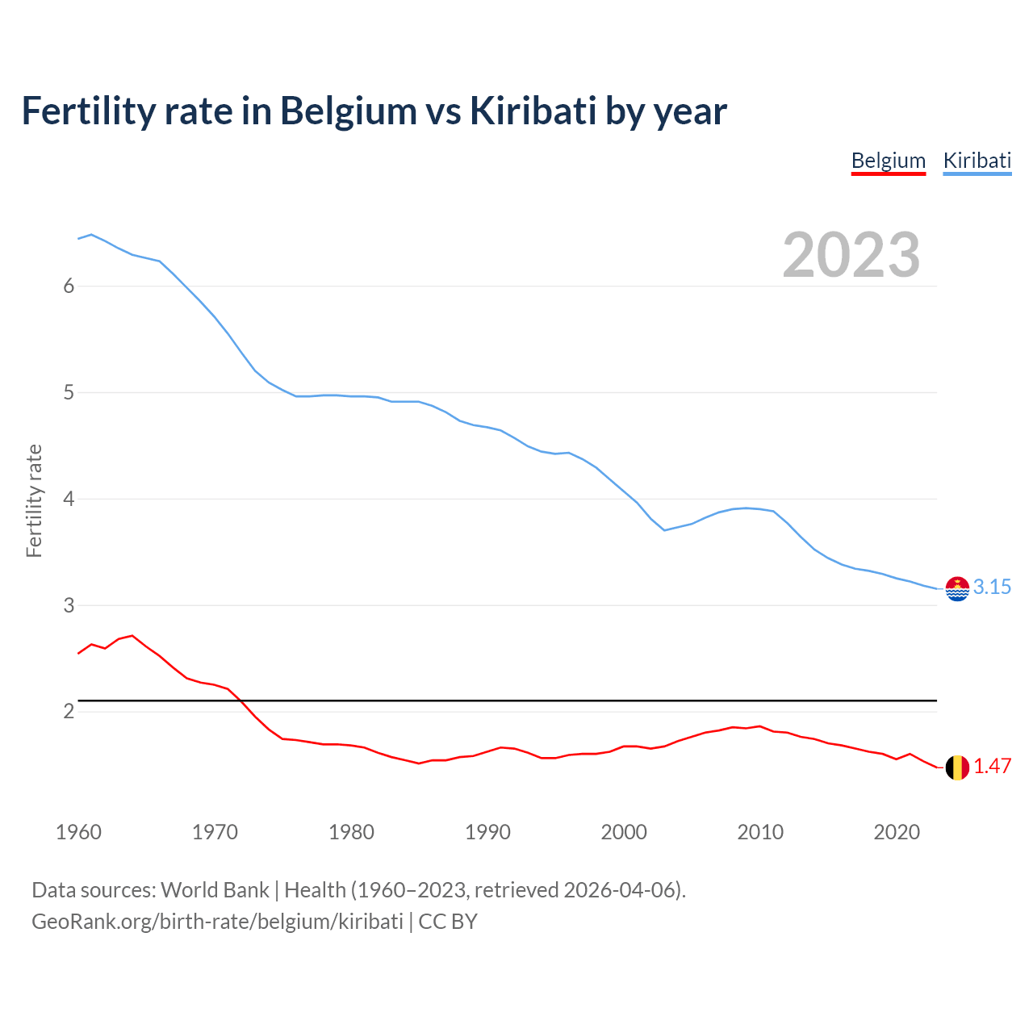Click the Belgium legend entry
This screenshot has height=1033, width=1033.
point(888,161)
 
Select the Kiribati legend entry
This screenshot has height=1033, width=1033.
point(977,161)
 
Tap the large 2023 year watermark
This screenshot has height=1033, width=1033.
point(851,255)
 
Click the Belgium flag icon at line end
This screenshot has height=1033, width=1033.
point(957,767)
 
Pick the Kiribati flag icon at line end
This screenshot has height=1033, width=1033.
point(957,589)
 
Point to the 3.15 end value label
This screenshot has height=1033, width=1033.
point(992,588)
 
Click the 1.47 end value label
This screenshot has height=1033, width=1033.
point(992,767)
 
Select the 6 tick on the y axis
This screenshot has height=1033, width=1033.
point(69,286)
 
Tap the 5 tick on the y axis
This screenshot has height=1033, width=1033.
point(69,393)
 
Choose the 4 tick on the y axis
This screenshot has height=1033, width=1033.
point(69,500)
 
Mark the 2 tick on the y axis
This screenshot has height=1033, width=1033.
point(69,712)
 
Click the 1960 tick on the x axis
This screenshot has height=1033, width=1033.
point(78,832)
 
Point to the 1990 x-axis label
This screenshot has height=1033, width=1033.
point(487,832)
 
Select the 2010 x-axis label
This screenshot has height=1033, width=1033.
point(760,832)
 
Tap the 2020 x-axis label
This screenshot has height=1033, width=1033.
point(897,832)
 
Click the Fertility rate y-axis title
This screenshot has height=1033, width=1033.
point(34,500)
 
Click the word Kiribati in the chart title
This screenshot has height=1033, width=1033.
point(533,111)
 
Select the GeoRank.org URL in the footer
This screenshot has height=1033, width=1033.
point(217,922)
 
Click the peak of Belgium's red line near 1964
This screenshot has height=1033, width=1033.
point(132,635)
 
